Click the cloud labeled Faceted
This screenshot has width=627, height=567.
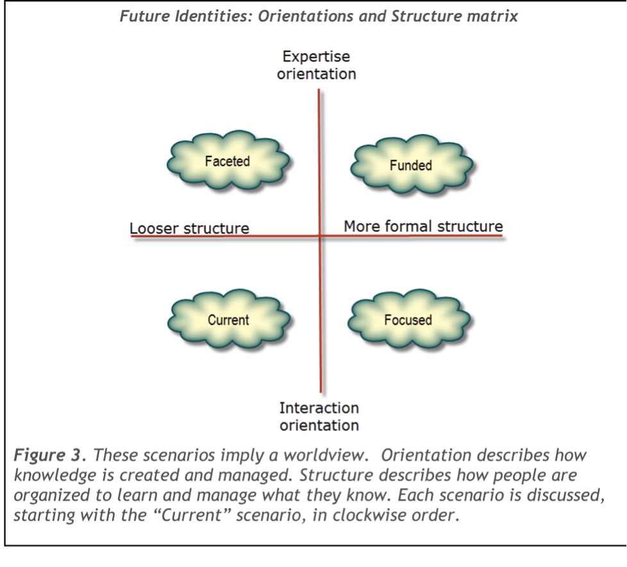point(228,162)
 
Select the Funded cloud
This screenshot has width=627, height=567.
point(411,165)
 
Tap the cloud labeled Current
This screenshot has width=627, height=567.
point(228,319)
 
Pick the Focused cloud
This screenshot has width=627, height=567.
point(408,319)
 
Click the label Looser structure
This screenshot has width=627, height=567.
point(189,229)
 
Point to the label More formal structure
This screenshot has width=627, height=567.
point(423,226)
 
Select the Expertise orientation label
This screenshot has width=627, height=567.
point(317,66)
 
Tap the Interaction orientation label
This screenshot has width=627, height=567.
point(319,416)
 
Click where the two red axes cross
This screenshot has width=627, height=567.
point(320,236)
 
